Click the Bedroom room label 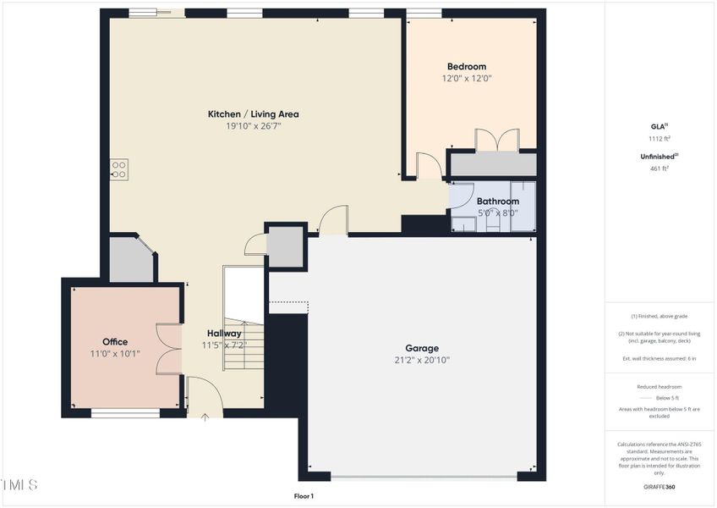466,66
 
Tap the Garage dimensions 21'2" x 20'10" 421,360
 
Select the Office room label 115,342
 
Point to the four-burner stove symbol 119,169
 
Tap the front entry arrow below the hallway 205,416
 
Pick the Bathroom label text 497,202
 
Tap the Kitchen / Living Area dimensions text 253,126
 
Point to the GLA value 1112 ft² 660,138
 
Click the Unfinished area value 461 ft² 660,168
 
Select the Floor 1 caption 304,496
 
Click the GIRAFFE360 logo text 660,487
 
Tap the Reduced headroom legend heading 660,386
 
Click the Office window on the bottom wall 125,413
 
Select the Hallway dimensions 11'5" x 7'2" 223,345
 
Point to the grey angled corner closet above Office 131,260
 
